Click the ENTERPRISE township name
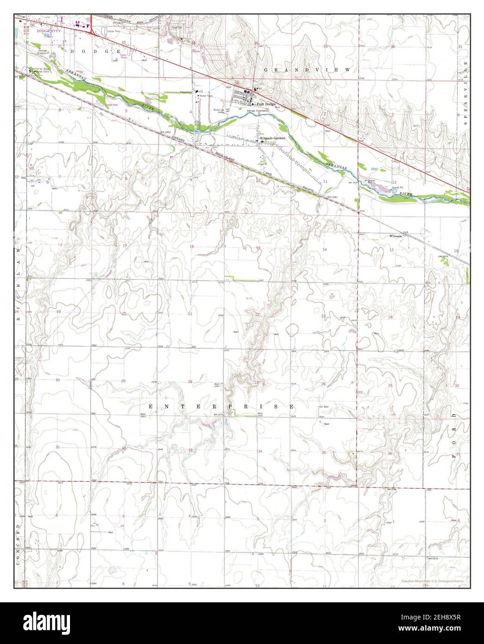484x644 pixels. [x=221, y=406]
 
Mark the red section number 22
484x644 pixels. [x=257, y=315]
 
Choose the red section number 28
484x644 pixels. [x=190, y=382]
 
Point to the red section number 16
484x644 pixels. [x=191, y=246]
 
